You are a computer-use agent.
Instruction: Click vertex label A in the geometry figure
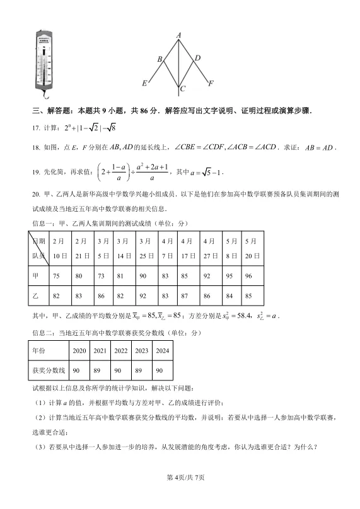pos(179,35)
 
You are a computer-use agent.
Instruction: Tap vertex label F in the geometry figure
pos(211,83)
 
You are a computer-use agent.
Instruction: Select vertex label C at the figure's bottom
pos(182,89)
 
